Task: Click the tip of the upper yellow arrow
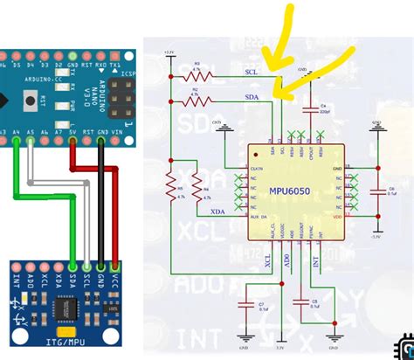tap(271, 68)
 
